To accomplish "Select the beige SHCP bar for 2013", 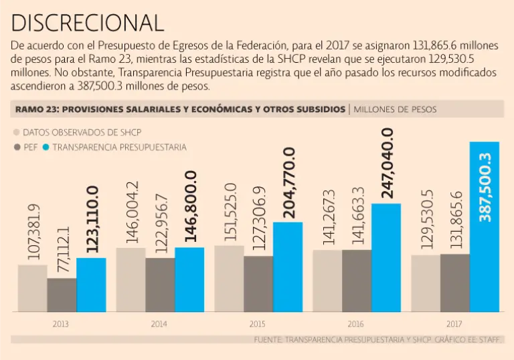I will click(32, 288).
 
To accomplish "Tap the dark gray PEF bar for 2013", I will click(62, 295).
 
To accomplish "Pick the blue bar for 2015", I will click(288, 266).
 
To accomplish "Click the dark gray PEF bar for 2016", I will click(357, 281).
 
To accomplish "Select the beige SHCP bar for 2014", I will click(131, 279).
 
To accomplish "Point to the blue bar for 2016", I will click(386, 257).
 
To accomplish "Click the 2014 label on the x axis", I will click(159, 323).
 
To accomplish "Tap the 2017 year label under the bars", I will click(454, 323).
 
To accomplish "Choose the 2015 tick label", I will click(257, 323).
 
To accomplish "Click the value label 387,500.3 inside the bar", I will click(485, 188).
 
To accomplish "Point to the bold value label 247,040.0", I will click(387, 162).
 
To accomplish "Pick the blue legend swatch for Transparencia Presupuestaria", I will click(46, 147).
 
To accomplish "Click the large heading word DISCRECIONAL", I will click(88, 23).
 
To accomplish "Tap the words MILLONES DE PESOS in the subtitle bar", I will click(396, 109).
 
